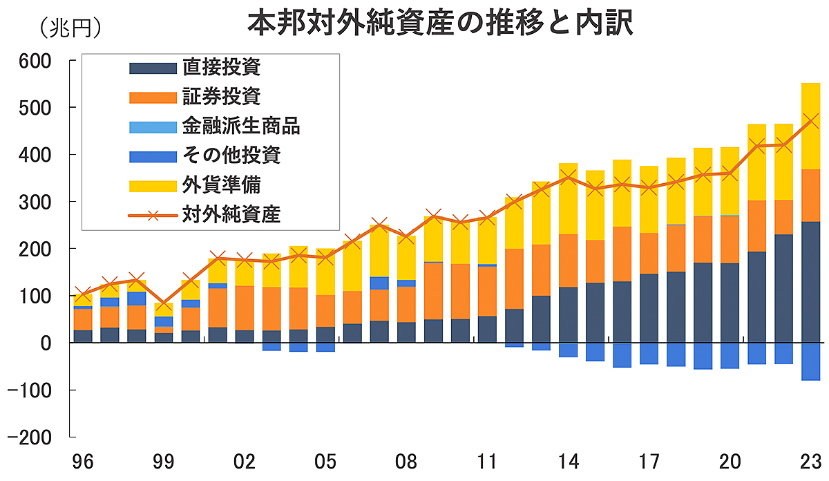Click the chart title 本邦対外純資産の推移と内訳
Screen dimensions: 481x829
(440, 25)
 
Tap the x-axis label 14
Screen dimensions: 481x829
(569, 461)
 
